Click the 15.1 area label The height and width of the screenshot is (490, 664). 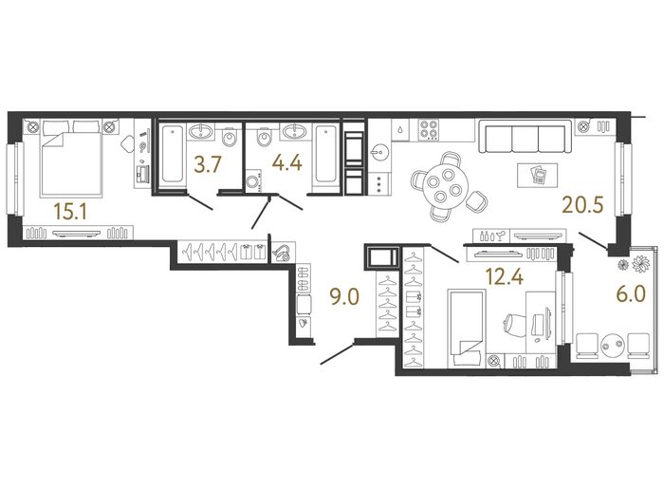click(70, 212)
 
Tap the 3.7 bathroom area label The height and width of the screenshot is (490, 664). click(208, 164)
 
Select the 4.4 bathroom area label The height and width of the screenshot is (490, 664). click(286, 162)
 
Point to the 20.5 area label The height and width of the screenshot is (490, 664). click(582, 205)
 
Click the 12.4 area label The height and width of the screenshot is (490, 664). click(505, 276)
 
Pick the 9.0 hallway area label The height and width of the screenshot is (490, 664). click(344, 296)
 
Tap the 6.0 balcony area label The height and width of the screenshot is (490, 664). click(631, 293)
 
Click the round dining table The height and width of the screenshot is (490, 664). click(445, 187)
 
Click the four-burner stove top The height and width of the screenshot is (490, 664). click(429, 130)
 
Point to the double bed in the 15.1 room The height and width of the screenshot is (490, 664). click(71, 159)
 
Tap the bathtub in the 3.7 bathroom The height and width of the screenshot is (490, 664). click(173, 155)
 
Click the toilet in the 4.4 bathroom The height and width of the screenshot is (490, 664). click(265, 136)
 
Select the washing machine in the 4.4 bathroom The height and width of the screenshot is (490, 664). click(253, 181)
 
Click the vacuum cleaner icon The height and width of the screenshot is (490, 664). click(281, 253)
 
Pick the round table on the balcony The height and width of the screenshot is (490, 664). click(612, 344)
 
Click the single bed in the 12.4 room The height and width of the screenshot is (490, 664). click(466, 328)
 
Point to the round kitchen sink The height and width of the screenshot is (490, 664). click(379, 153)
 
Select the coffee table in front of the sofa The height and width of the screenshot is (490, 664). click(538, 175)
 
